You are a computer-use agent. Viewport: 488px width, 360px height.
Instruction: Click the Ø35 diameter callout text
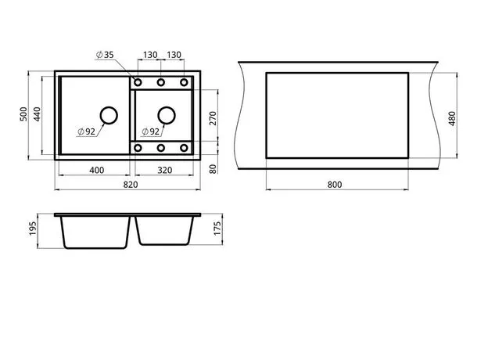click(106, 55)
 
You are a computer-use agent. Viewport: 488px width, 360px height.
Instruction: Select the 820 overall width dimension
click(131, 185)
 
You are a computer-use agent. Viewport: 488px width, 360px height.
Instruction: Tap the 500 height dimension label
click(23, 114)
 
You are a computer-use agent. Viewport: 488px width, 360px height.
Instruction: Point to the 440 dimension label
click(37, 114)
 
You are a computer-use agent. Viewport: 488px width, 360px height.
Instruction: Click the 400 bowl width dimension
click(97, 171)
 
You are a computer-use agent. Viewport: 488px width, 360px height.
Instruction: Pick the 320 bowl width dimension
click(165, 171)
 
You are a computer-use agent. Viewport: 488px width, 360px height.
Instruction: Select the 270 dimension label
click(213, 118)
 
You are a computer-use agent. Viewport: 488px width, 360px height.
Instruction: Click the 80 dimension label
click(213, 169)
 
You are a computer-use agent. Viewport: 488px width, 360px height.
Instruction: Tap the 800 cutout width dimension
click(335, 185)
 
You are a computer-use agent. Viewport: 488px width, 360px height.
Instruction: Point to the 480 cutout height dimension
click(452, 118)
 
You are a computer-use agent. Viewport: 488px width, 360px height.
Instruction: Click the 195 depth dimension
click(33, 229)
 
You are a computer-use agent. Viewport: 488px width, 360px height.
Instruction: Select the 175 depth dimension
click(217, 229)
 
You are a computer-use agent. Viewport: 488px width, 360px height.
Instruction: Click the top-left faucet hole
click(138, 82)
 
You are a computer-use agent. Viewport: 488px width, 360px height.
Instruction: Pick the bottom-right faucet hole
click(184, 148)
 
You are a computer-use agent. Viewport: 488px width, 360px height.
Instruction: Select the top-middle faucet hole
click(160, 82)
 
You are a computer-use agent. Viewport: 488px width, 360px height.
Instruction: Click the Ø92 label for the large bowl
click(87, 131)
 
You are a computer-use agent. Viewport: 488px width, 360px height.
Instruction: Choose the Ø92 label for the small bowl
click(151, 131)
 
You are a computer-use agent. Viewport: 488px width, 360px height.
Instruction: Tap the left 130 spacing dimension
click(150, 55)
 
